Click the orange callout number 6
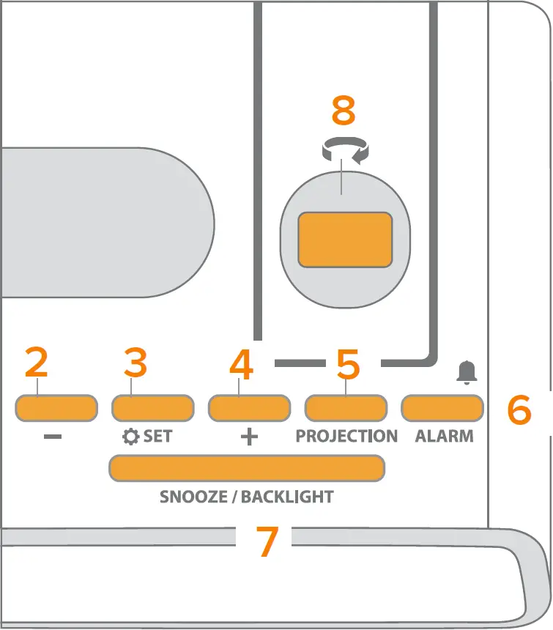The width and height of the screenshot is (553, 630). coord(519,410)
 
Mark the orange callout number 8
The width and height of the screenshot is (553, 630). coord(343,111)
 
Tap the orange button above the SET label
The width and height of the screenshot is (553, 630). coord(152,408)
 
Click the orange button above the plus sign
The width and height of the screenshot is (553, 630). coord(250,408)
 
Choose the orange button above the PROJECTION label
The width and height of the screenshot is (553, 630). coord(346,408)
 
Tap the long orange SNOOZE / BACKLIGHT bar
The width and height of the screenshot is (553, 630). coord(247,468)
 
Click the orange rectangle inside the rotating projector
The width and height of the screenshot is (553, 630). coord(345,240)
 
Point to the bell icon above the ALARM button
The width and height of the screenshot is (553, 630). coord(466,372)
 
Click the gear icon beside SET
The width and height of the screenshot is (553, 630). coord(130,437)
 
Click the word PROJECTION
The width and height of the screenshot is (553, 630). coord(346,436)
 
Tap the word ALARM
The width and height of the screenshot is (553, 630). coord(444,436)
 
